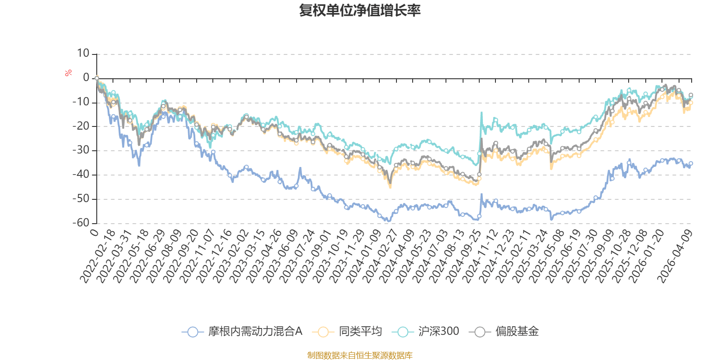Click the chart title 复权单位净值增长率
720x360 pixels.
pos(360,10)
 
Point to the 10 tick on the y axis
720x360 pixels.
pos(83,54)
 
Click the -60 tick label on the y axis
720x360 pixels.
pos(81,223)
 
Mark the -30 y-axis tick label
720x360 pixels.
pos(81,150)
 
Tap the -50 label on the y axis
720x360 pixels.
pos(81,198)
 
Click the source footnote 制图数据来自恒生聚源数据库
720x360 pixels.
pos(360,355)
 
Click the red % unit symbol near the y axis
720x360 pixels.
pos(68,73)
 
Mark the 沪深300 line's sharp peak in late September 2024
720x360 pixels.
pos(481,112)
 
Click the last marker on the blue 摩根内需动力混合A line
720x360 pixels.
pos(691,163)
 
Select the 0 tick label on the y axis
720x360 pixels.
pos(86,78)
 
